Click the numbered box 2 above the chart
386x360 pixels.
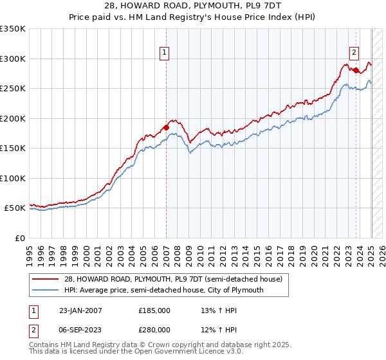coord(354,53)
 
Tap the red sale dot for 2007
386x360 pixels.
coord(166,127)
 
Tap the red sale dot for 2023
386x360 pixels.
coord(356,70)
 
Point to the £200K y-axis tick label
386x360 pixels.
coord(13,118)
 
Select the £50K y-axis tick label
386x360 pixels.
coord(15,208)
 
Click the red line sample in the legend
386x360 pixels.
coord(44,279)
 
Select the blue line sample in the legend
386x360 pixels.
coord(44,290)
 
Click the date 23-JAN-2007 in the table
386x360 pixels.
coord(81,310)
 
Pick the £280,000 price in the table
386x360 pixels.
coord(154,329)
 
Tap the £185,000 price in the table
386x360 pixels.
coord(154,310)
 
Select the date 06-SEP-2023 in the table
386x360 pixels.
coord(81,329)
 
